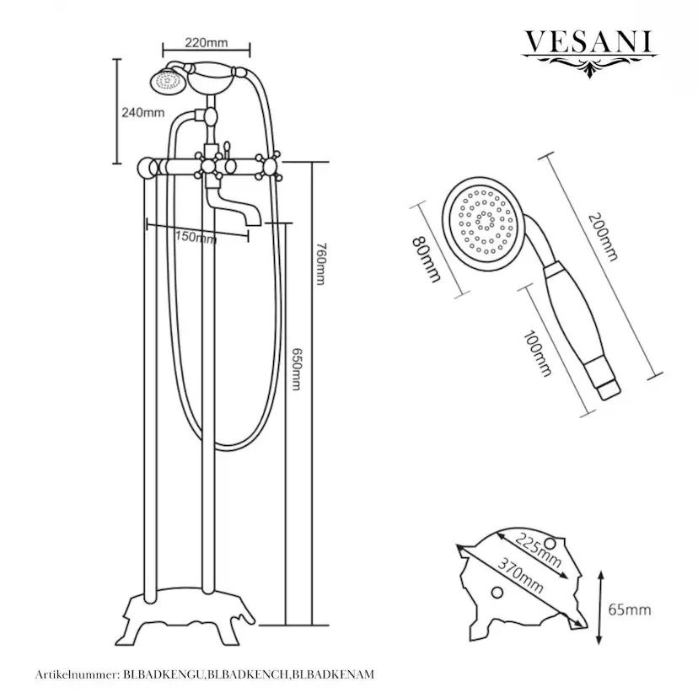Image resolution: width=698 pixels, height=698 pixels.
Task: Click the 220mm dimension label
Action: click(x=206, y=43)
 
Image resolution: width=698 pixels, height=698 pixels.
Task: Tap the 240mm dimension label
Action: click(x=143, y=113)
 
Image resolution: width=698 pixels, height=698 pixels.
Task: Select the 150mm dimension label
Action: click(x=196, y=237)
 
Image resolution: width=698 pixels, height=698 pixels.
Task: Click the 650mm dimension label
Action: click(x=296, y=369)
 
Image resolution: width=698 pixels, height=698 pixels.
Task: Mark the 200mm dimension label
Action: click(x=604, y=237)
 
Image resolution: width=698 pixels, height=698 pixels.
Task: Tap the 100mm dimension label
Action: click(x=537, y=353)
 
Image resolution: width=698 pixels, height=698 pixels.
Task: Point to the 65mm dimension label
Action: click(x=630, y=609)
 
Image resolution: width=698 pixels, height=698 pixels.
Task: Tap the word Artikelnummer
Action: click(x=77, y=675)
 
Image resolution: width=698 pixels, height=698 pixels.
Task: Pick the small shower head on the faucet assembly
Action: click(x=168, y=81)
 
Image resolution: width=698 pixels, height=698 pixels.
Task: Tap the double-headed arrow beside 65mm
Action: click(x=600, y=607)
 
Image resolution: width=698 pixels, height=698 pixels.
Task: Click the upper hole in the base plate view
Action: click(x=550, y=544)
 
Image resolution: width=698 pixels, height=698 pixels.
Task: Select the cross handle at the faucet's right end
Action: click(x=268, y=166)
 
